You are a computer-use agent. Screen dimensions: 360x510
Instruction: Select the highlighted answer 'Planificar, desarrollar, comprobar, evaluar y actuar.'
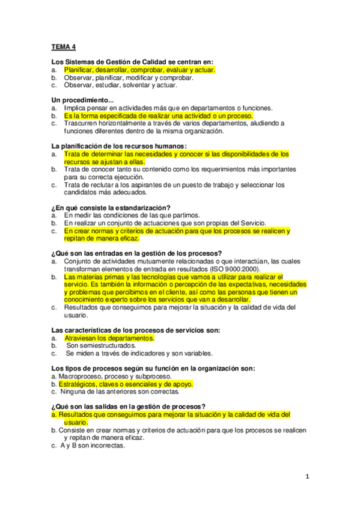pos(139,70)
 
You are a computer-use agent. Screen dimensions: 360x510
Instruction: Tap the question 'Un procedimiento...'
pos(83,100)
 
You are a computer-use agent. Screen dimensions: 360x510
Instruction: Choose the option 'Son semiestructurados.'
pos(102,346)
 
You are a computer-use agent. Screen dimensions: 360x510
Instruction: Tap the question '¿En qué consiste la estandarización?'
pos(111,207)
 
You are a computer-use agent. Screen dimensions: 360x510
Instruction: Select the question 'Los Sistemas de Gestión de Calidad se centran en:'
pos(133,62)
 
